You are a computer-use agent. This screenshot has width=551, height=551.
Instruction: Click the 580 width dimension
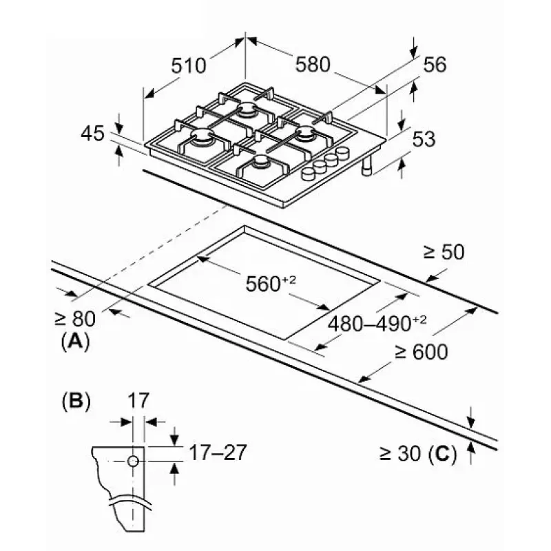313,64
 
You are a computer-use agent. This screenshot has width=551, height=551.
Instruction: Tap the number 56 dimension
435,65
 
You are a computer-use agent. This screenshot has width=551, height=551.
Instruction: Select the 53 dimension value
424,138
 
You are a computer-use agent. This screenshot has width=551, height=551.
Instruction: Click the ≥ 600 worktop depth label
421,352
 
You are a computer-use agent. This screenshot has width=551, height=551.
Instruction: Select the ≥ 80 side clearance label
74,318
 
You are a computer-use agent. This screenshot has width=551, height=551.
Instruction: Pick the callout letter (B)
76,400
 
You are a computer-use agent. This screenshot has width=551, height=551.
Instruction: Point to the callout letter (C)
442,453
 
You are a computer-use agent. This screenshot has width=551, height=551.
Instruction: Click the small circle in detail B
134,460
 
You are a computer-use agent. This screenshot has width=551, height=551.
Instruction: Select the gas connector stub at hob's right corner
368,167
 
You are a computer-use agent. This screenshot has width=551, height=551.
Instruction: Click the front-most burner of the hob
260,163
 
